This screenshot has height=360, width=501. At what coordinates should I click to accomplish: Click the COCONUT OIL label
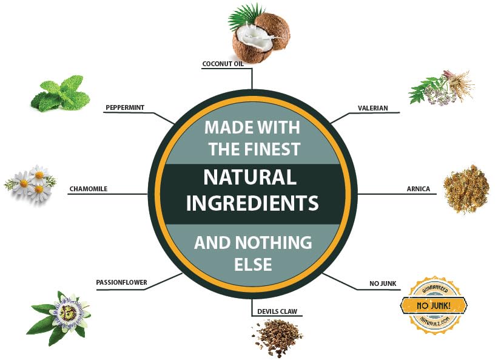223,64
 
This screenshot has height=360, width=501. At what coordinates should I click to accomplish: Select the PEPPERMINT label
125,107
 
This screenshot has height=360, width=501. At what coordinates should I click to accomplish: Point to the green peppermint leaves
61,93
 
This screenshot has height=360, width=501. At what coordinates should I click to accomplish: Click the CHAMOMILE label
89,189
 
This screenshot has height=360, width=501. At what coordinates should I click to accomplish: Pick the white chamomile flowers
30,183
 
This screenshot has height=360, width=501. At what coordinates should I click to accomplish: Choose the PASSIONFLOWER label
122,282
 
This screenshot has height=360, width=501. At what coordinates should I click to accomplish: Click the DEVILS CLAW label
277,311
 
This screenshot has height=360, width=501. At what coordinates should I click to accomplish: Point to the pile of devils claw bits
277,339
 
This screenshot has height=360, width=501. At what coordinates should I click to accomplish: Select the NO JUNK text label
383,284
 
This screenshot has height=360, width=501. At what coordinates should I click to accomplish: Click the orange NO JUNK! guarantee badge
434,305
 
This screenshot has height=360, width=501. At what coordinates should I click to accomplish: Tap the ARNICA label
419,189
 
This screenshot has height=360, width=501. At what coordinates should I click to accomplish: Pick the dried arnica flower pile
466,189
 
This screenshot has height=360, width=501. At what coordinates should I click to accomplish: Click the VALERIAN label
372,108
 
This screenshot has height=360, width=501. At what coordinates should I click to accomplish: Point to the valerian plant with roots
442,88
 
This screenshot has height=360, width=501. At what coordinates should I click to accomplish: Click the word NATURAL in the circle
250,177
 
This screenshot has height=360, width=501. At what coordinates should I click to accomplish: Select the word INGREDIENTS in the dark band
252,203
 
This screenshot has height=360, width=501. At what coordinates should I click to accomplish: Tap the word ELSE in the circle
253,264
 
